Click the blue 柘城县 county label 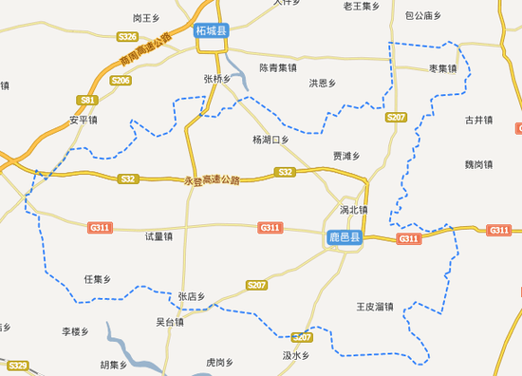pyautogui.click(x=212, y=31)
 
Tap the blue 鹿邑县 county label pyautogui.click(x=343, y=237)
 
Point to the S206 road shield pyautogui.click(x=121, y=81)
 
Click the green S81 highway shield pyautogui.click(x=88, y=100)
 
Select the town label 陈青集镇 pyautogui.click(x=277, y=68)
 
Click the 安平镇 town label pyautogui.click(x=84, y=121)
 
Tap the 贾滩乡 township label pyautogui.click(x=345, y=156)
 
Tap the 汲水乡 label pyautogui.click(x=296, y=355)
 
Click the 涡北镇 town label pyautogui.click(x=353, y=210)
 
